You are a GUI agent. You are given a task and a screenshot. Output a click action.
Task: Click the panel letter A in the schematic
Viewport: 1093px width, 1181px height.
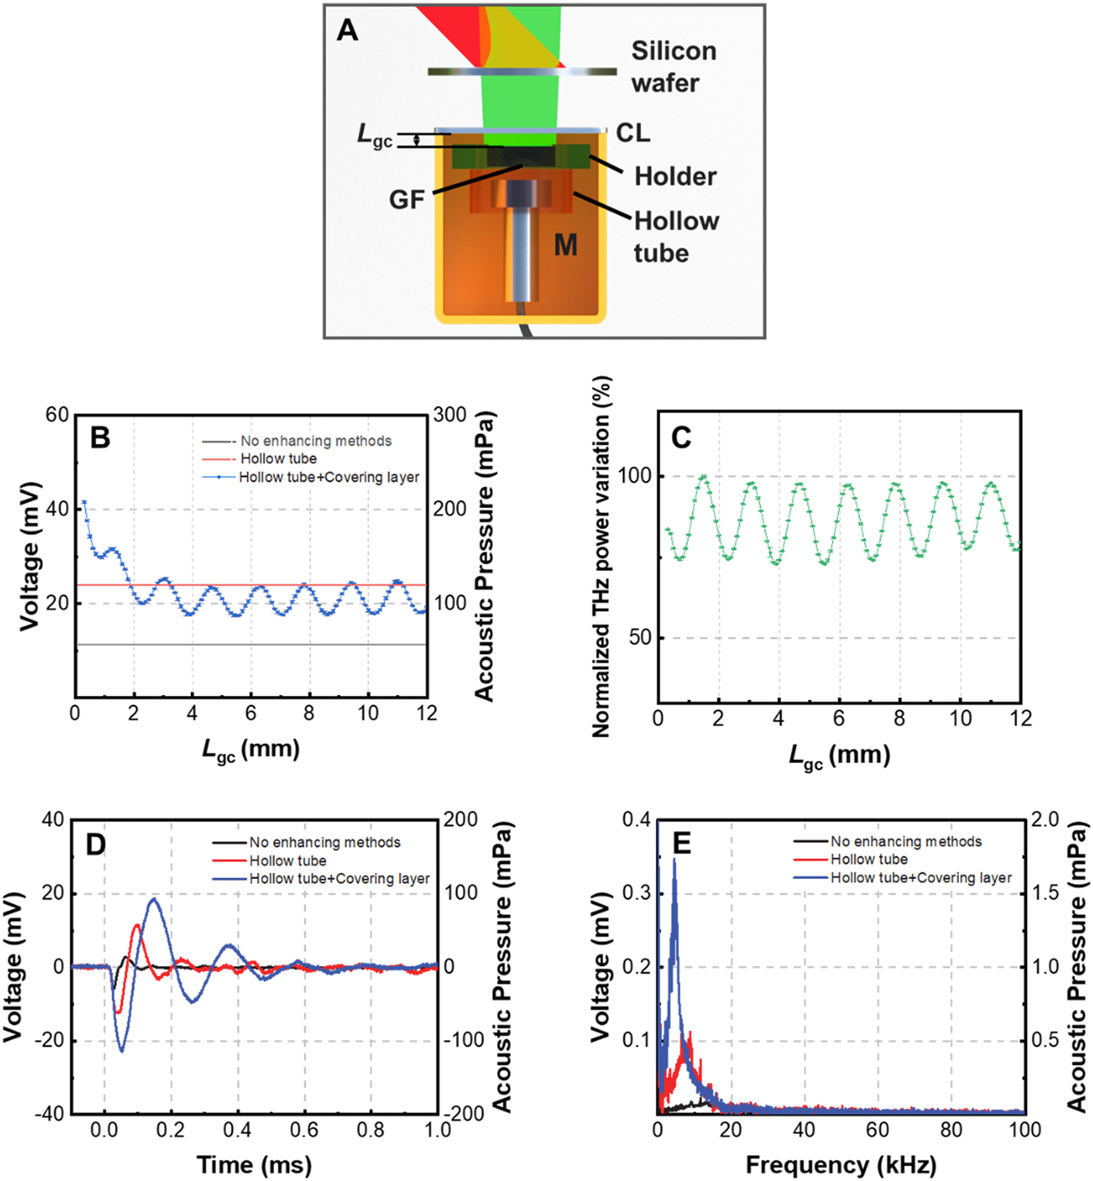tap(348, 31)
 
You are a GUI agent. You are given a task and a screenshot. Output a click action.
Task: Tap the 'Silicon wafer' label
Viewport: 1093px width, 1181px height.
tap(673, 67)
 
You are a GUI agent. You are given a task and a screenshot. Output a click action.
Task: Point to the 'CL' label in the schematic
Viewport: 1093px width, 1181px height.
tap(633, 133)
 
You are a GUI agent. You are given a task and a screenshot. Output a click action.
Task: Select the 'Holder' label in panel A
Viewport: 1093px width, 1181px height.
tap(675, 176)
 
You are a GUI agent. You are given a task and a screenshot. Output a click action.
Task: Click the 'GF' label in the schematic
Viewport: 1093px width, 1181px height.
tap(407, 199)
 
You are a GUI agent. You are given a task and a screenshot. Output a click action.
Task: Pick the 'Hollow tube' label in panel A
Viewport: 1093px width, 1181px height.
tap(676, 236)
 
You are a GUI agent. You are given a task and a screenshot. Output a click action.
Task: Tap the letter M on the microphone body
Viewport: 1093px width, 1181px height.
tap(565, 245)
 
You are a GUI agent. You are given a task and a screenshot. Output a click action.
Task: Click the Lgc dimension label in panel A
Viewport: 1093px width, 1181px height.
tap(374, 135)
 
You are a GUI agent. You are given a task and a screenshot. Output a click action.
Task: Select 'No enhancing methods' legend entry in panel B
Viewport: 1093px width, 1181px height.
tap(315, 441)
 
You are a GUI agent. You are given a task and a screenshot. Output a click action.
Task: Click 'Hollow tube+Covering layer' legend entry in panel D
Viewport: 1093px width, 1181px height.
tap(339, 879)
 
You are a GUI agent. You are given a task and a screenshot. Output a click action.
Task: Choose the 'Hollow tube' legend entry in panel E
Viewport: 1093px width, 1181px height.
tap(868, 860)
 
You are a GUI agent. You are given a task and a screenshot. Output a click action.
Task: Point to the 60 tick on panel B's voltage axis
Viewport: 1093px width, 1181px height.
tap(58, 414)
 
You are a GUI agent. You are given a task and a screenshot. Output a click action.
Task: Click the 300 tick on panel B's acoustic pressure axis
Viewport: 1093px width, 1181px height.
tap(450, 414)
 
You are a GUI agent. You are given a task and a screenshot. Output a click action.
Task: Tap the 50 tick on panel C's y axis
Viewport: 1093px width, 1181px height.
tap(640, 637)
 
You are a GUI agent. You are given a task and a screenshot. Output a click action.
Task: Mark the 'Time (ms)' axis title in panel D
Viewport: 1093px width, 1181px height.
tap(254, 1165)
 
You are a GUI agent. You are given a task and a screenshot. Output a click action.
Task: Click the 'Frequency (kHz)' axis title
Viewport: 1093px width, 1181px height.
tap(840, 1165)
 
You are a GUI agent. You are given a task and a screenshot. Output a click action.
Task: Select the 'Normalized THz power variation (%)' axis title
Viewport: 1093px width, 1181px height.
tap(602, 557)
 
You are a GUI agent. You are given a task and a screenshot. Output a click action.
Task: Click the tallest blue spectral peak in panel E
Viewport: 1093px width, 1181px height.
tap(675, 860)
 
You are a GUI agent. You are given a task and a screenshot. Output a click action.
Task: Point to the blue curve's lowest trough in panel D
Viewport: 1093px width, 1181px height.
tap(122, 1051)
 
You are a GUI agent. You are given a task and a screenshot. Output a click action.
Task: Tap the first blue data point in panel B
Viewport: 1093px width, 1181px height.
tap(84, 502)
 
